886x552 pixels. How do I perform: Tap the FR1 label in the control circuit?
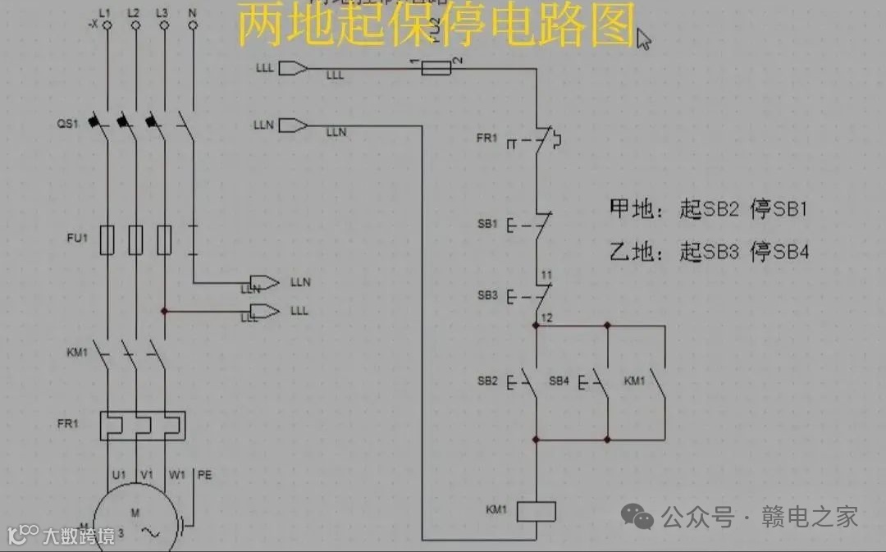click(x=486, y=139)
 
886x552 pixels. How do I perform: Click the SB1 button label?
click(x=486, y=223)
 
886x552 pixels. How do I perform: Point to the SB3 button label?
click(x=486, y=295)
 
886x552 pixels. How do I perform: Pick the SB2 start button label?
click(x=486, y=381)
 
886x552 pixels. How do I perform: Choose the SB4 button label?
click(x=559, y=381)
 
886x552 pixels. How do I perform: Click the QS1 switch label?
click(x=67, y=124)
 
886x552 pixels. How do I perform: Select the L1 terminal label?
click(x=104, y=13)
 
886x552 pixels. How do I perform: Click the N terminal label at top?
click(x=193, y=13)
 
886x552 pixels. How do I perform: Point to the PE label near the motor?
click(x=205, y=475)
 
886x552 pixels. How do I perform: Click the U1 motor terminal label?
click(x=119, y=475)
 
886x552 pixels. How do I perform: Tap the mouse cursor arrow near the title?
click(x=643, y=38)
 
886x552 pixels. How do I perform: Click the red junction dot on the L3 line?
click(x=165, y=311)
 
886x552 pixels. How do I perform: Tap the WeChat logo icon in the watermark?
click(x=637, y=516)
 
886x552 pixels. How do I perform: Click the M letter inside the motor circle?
click(x=135, y=513)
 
